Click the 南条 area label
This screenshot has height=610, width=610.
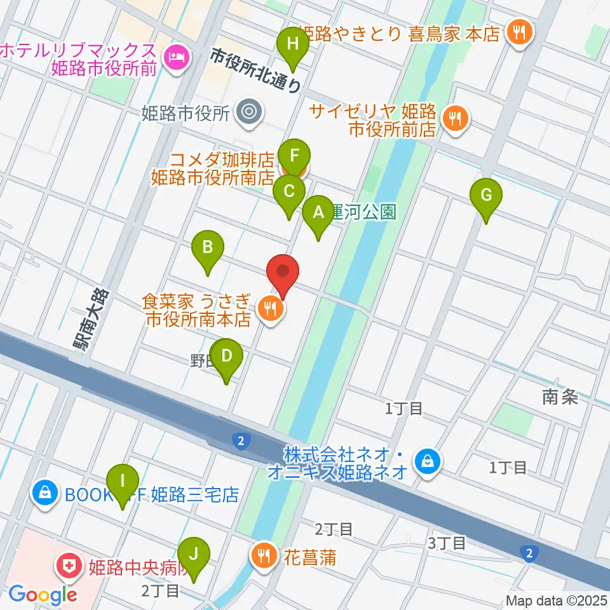pos(559,397)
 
